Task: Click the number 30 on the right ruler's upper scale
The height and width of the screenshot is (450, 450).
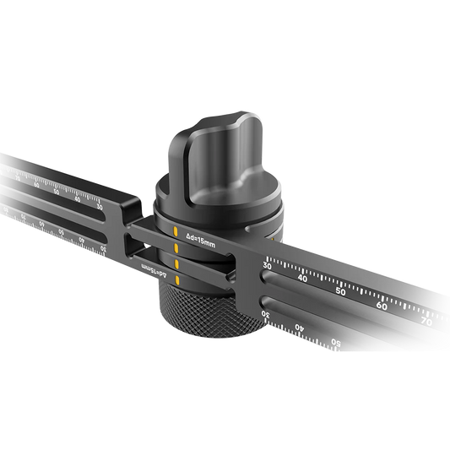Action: [268, 266]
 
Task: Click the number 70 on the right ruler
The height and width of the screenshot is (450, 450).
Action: [426, 321]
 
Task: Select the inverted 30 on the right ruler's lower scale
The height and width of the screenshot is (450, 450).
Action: [266, 316]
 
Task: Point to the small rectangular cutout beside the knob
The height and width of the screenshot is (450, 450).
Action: [135, 245]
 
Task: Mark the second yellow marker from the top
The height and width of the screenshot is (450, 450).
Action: [176, 247]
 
